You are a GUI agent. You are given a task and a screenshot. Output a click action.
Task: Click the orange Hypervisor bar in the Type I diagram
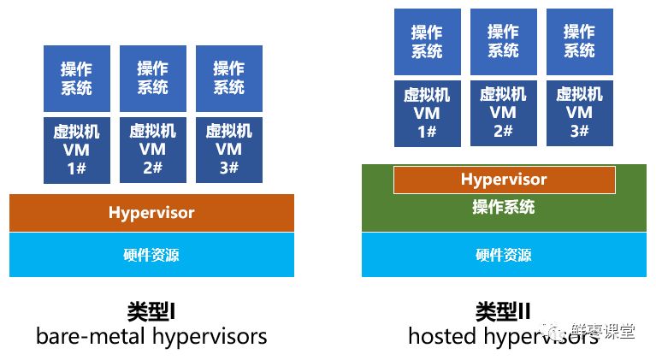point(151,213)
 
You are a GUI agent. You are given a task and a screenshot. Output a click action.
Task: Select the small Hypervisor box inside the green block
point(504,180)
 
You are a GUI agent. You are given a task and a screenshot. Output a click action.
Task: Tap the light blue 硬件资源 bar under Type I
point(151,255)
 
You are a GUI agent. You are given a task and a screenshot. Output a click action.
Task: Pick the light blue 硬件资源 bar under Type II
point(504,255)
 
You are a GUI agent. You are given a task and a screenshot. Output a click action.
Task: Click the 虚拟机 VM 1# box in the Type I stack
point(77,150)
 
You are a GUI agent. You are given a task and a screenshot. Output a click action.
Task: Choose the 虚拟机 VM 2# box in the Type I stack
point(153,150)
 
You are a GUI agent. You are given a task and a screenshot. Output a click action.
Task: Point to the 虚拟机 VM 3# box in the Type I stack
point(229,150)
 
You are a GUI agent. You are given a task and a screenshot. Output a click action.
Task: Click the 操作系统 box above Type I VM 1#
point(77,79)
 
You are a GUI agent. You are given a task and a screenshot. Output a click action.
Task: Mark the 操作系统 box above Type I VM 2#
point(153,79)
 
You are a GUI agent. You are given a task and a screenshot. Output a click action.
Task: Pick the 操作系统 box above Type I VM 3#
point(229,79)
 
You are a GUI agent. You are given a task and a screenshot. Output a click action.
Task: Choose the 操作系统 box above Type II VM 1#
point(428,42)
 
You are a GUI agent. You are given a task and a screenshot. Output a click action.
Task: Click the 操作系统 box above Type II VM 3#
point(580,42)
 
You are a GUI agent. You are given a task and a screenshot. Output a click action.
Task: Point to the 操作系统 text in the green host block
point(504,208)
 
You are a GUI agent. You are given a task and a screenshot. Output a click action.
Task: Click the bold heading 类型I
point(151,310)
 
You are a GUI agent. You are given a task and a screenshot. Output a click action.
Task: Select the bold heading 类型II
point(504,310)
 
